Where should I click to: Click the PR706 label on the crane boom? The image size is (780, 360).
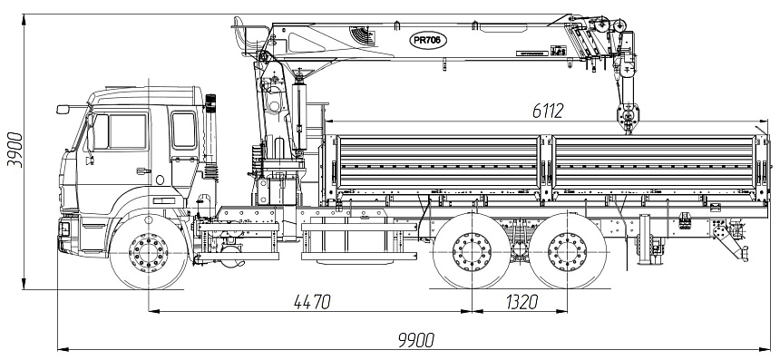[428, 41]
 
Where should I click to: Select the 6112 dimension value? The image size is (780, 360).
[548, 111]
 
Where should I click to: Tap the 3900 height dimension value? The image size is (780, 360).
[15, 150]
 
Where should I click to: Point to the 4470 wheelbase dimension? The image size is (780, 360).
[312, 301]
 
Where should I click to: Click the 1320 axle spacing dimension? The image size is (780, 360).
[522, 301]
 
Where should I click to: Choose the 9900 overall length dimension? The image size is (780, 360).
[416, 340]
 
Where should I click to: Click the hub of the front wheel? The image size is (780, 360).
[148, 252]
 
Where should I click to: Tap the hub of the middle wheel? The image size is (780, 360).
[472, 252]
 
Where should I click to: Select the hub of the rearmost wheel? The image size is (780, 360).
[568, 252]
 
